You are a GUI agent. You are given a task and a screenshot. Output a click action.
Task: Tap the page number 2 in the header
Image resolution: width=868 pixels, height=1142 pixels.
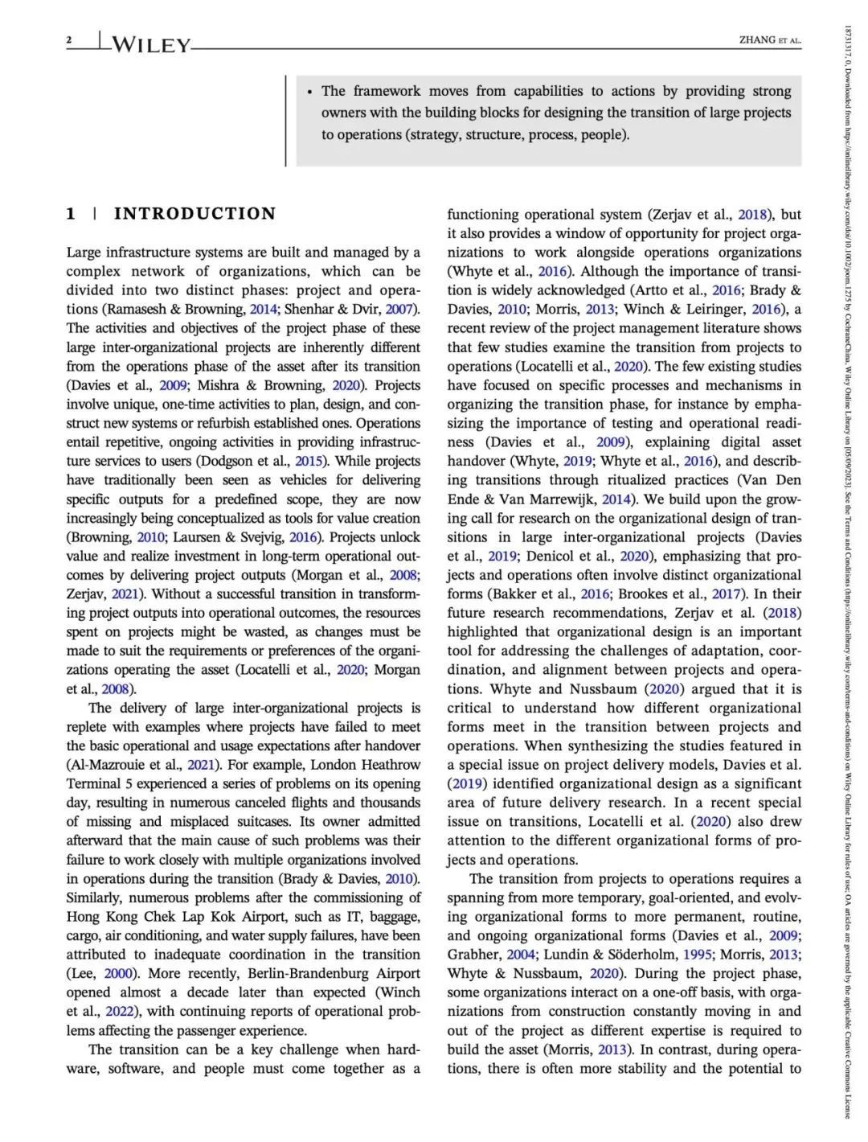(x=69, y=40)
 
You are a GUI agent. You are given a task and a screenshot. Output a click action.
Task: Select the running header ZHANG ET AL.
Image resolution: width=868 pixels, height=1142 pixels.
(x=770, y=40)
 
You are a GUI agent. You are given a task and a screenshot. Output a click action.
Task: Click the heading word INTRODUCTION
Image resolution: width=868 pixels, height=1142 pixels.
(x=194, y=214)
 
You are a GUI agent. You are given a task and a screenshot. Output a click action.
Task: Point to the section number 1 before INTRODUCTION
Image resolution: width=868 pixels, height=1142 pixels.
(x=71, y=214)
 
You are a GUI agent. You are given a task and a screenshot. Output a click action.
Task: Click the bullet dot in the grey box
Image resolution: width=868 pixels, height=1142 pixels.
(x=309, y=92)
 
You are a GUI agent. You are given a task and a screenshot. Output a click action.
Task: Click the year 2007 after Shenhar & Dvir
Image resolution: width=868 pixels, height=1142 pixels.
(x=401, y=310)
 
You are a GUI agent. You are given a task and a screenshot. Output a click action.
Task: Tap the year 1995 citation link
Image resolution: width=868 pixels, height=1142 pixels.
(x=698, y=955)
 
